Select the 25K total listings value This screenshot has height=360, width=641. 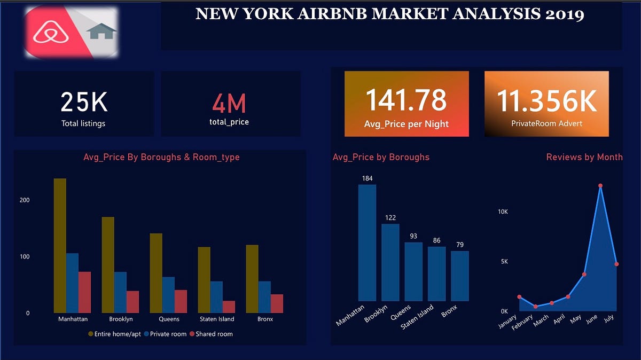coord(84,102)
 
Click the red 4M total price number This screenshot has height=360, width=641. coord(229,103)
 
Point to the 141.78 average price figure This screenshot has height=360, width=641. coord(406,100)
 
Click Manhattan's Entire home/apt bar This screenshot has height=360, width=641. coord(60,246)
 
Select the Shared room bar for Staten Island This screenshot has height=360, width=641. coord(229,307)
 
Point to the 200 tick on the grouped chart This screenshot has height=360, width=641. coord(25,200)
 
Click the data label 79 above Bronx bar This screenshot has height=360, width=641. coord(459,245)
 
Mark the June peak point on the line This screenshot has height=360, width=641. coord(600,186)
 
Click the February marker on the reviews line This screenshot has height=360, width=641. coord(536,307)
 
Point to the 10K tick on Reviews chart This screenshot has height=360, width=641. coord(502,212)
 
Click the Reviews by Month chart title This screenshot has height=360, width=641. coord(584,157)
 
